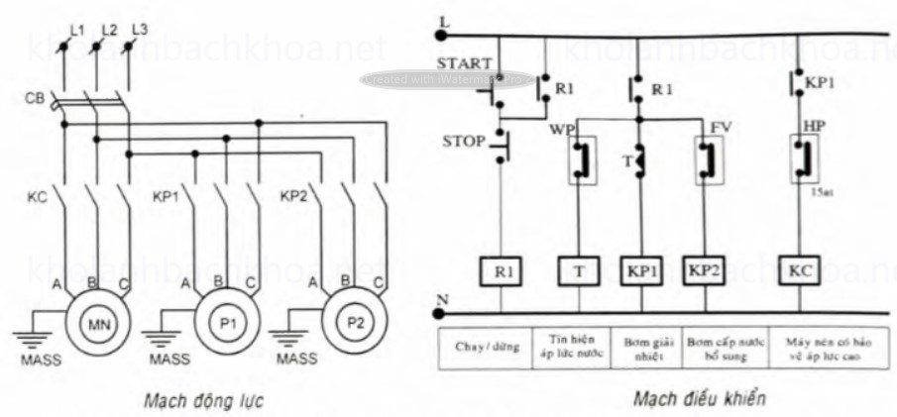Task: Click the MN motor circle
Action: tap(97, 325)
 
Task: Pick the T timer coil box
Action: tap(578, 270)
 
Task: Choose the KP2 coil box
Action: tap(707, 270)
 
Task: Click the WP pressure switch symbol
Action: tap(578, 160)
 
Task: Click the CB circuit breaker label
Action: tap(34, 98)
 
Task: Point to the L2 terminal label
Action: tap(110, 32)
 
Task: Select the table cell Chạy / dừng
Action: tap(485, 346)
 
